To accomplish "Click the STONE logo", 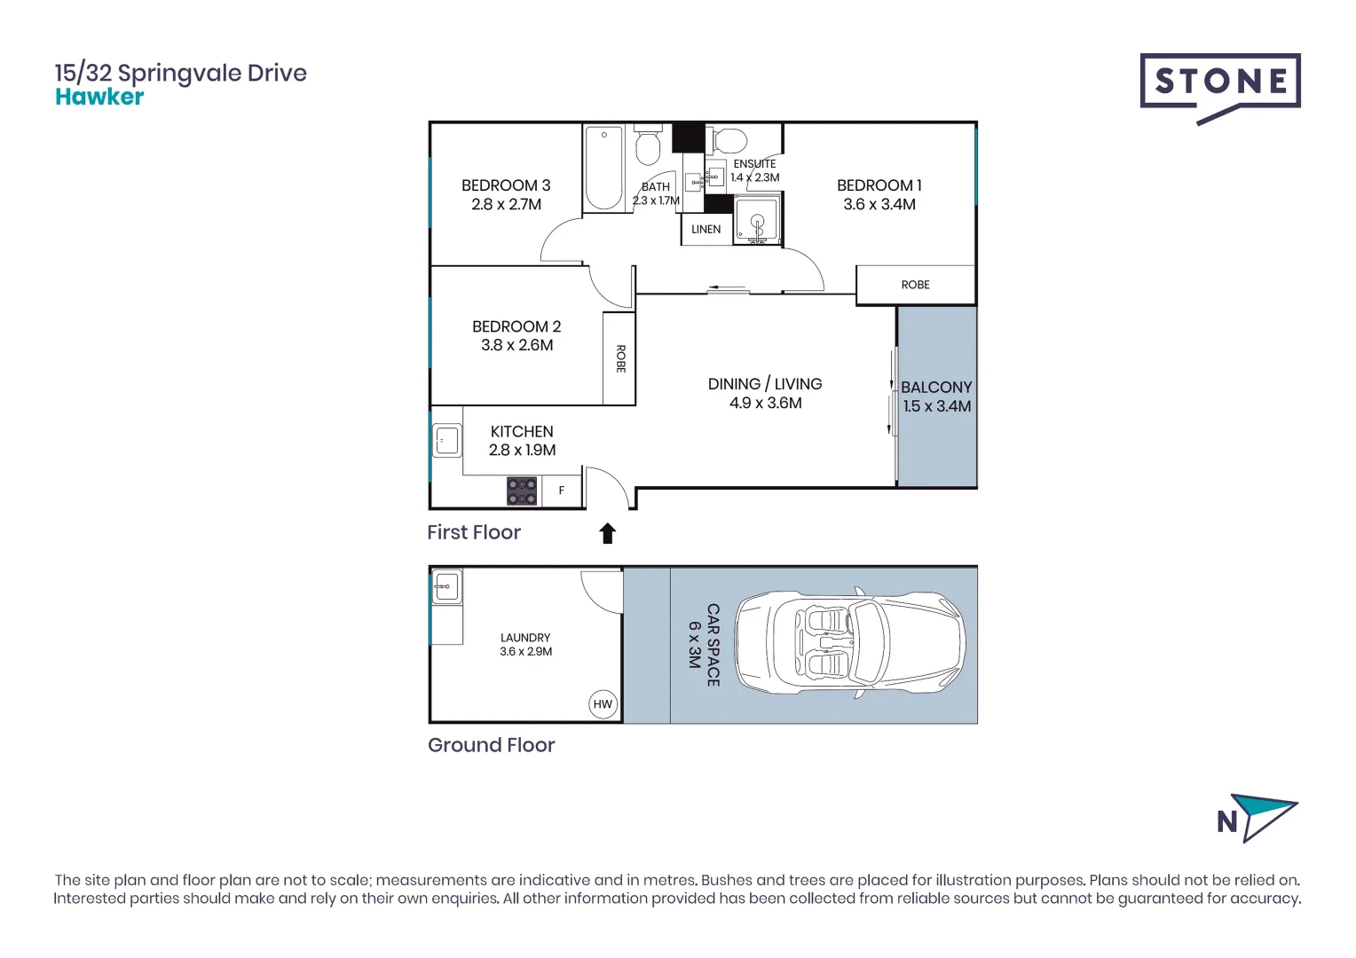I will pyautogui.click(x=1220, y=82).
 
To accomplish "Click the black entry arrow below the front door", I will pyautogui.click(x=608, y=533).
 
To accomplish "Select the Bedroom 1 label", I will pyautogui.click(x=879, y=185).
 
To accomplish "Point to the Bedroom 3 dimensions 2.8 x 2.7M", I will pyautogui.click(x=506, y=205).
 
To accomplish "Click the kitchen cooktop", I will pyautogui.click(x=522, y=491).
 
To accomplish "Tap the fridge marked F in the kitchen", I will pyautogui.click(x=562, y=491).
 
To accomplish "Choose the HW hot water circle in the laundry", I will pyautogui.click(x=603, y=704).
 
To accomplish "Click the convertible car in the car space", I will pyautogui.click(x=849, y=645).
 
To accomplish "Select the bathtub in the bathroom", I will pyautogui.click(x=604, y=168).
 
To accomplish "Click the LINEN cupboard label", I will pyautogui.click(x=706, y=230).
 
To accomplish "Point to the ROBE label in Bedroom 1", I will pyautogui.click(x=915, y=285).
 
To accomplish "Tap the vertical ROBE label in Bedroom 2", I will pyautogui.click(x=620, y=358).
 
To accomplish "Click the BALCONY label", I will pyautogui.click(x=936, y=388).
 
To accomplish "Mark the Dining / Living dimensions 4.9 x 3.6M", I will pyautogui.click(x=765, y=404).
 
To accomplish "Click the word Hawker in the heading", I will pyautogui.click(x=99, y=98).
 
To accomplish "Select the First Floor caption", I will pyautogui.click(x=474, y=532).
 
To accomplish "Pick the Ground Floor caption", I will pyautogui.click(x=491, y=745).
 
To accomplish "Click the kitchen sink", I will pyautogui.click(x=447, y=440).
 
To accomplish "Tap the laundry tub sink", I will pyautogui.click(x=446, y=586).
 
